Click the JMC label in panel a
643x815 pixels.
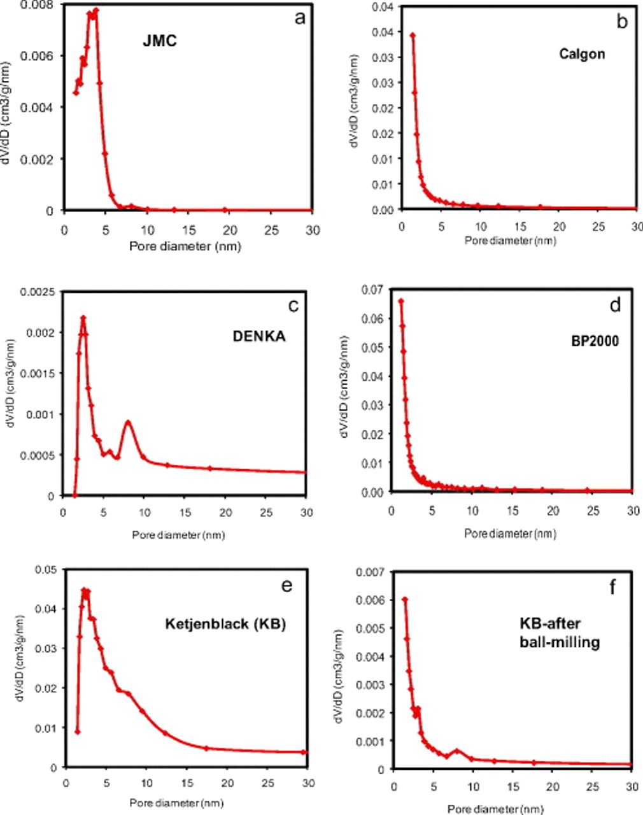click(159, 42)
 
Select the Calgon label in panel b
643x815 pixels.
click(582, 53)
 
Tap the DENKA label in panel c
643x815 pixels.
click(259, 337)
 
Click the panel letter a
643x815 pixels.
click(299, 17)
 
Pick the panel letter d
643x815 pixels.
click(615, 305)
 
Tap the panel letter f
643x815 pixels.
click(613, 586)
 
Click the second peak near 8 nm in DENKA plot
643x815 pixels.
click(129, 422)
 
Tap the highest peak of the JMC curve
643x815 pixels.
click(95, 10)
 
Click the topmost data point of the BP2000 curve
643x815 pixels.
click(401, 301)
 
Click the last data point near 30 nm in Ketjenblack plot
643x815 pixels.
click(304, 752)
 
